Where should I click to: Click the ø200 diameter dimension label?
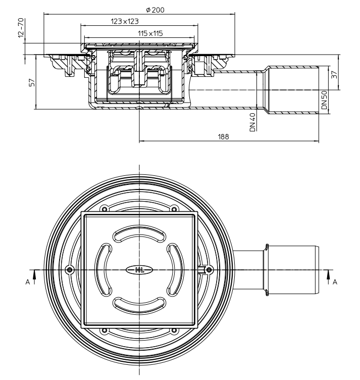(x=155, y=10)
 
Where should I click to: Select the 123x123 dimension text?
(x=125, y=21)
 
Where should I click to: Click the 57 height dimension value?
(x=31, y=82)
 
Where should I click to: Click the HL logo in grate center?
(x=139, y=269)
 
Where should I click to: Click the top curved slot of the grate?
(x=139, y=235)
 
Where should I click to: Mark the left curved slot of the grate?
(x=104, y=269)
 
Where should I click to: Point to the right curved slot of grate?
(x=174, y=269)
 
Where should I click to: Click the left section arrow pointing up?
(x=34, y=275)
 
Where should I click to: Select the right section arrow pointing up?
(x=329, y=275)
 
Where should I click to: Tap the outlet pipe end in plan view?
(x=318, y=269)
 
